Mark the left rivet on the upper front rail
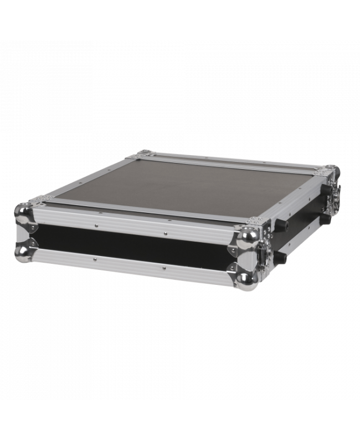[95, 226]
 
